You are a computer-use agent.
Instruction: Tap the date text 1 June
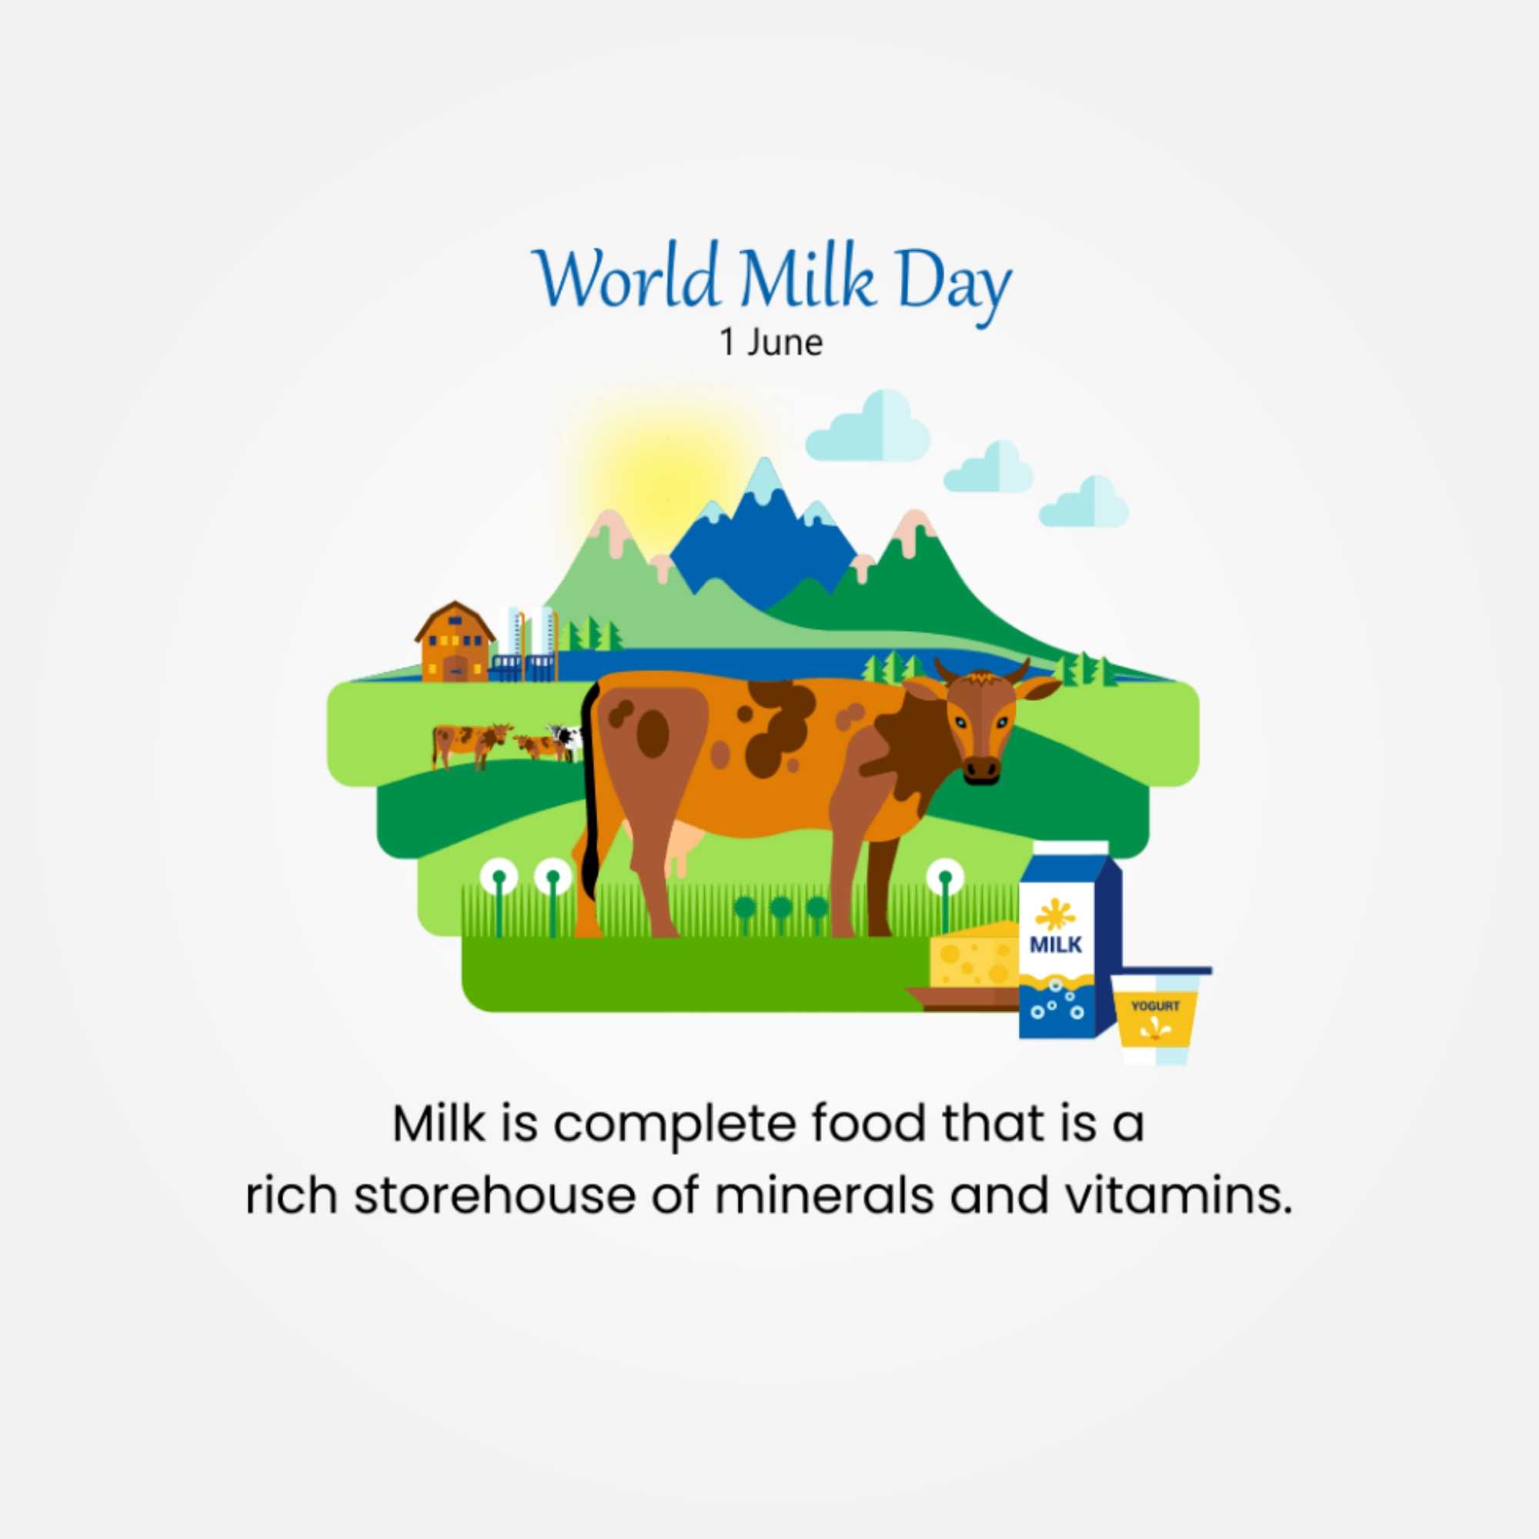(x=770, y=342)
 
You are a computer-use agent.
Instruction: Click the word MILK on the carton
(x=1057, y=945)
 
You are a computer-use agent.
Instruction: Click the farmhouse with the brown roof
(x=455, y=642)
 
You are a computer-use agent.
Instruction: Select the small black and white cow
(x=566, y=741)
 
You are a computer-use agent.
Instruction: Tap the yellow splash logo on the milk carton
(x=1056, y=914)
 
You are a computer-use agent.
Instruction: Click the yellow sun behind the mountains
(x=669, y=478)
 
